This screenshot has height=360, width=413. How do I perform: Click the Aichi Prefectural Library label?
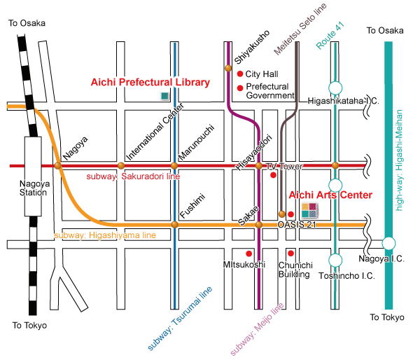point(150,82)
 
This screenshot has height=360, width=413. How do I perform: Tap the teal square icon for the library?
point(164,96)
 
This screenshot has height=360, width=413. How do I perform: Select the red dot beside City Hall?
point(239,74)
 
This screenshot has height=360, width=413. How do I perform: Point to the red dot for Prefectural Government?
point(240,88)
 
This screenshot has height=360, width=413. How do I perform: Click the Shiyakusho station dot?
point(228,68)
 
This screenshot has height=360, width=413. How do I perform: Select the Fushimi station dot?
point(174,225)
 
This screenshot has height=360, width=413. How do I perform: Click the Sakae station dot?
point(259,225)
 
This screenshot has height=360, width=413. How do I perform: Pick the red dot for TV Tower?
point(274,174)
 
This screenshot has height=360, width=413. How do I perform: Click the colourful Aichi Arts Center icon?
point(309,210)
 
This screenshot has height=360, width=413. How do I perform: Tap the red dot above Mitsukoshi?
point(248,254)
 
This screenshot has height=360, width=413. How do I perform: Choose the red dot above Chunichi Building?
point(290,254)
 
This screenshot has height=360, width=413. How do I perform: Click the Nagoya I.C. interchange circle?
point(388,243)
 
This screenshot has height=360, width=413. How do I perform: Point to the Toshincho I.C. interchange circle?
point(335,261)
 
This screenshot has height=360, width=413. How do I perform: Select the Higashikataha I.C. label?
point(344,101)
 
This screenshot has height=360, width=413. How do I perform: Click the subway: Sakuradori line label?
point(133,176)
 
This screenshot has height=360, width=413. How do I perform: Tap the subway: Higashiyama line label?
point(105,235)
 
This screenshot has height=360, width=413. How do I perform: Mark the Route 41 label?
point(330,36)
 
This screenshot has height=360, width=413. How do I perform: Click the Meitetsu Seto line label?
point(300,29)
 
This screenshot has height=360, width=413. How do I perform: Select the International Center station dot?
point(121,166)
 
